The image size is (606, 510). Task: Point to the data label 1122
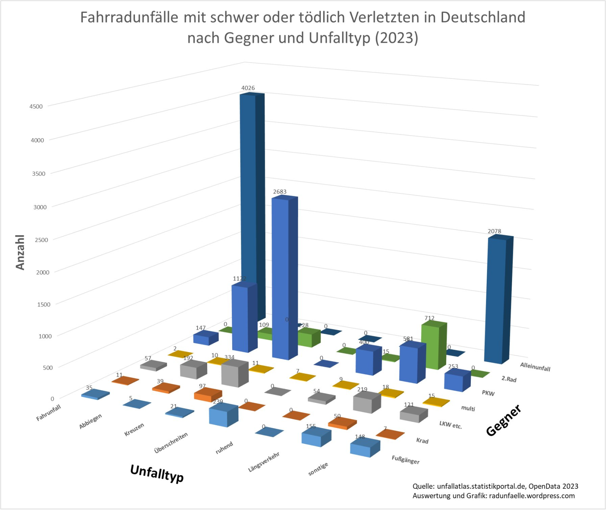(x=239, y=279)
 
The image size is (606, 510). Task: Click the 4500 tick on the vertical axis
(x=36, y=106)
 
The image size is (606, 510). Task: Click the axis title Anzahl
(x=20, y=252)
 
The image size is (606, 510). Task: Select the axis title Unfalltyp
(x=157, y=473)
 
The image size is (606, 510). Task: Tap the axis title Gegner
(x=504, y=420)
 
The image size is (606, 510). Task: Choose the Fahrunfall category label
(x=48, y=412)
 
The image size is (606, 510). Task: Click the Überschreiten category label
(x=171, y=443)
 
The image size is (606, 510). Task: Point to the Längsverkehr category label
(x=264, y=462)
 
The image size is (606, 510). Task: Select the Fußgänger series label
(x=405, y=460)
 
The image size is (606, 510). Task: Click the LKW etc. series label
(x=450, y=424)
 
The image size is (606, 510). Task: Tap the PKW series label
(x=488, y=393)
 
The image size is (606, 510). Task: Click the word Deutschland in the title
(x=483, y=17)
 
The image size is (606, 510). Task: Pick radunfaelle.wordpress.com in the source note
(x=532, y=496)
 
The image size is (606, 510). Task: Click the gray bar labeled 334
(x=234, y=374)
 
